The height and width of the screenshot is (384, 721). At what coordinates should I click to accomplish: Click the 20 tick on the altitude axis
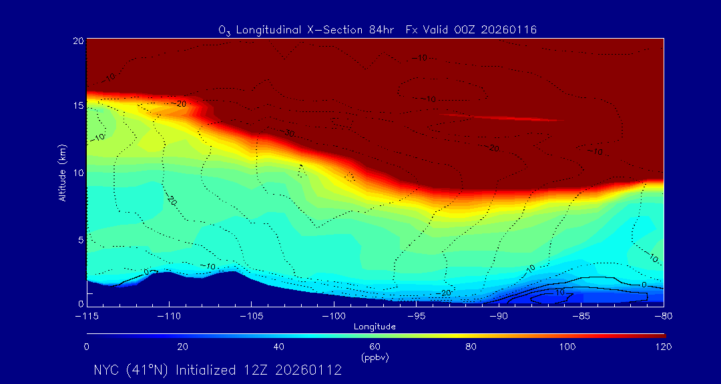pyautogui.click(x=77, y=41)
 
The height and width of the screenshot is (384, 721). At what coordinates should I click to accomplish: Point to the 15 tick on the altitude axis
pyautogui.click(x=77, y=107)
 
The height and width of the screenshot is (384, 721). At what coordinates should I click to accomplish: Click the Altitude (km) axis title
pyautogui.click(x=61, y=172)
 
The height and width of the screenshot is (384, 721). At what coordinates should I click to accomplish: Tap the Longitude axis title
pyautogui.click(x=375, y=327)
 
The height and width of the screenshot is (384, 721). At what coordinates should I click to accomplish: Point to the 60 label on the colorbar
pyautogui.click(x=375, y=347)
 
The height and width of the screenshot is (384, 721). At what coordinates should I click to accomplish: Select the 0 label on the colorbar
pyautogui.click(x=87, y=347)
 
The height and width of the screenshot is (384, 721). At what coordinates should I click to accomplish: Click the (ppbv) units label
pyautogui.click(x=375, y=357)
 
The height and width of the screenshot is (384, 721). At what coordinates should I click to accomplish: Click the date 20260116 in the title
pyautogui.click(x=508, y=29)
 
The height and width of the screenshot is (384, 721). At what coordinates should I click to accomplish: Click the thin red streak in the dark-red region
pyautogui.click(x=501, y=117)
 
